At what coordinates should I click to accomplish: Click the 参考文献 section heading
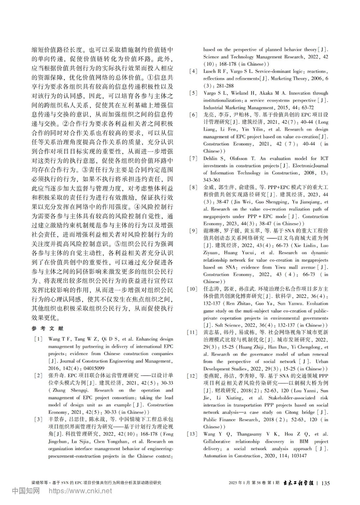point(48,329)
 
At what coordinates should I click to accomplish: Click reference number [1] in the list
point(39,339)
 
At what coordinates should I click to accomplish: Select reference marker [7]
point(193,158)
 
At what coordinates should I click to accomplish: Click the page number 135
point(325,483)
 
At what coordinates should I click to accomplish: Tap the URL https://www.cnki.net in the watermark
point(80,491)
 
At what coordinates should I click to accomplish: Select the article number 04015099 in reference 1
point(93,368)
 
